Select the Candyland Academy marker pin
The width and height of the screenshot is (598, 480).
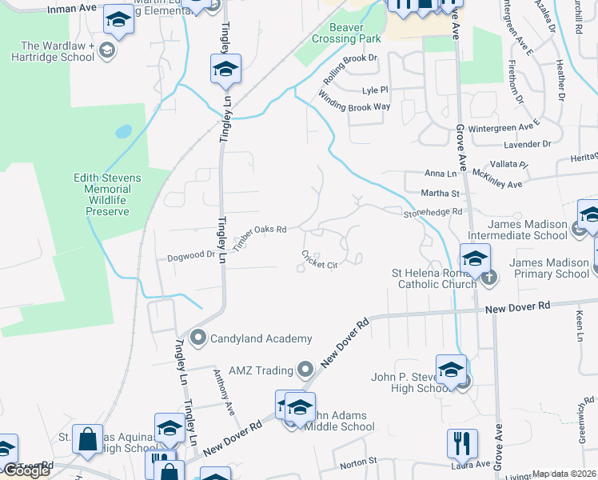(198, 338)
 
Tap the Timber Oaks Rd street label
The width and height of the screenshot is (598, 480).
(260, 236)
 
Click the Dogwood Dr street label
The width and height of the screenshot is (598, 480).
(192, 256)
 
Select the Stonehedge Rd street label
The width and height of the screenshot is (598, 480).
(433, 212)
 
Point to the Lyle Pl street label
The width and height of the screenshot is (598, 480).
(374, 90)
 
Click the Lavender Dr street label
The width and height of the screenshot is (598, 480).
(527, 144)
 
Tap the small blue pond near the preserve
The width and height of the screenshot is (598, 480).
(123, 130)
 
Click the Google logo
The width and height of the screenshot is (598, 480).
(26, 470)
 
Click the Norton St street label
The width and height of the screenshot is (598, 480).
(357, 462)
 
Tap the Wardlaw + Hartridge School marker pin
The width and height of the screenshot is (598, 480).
(107, 51)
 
